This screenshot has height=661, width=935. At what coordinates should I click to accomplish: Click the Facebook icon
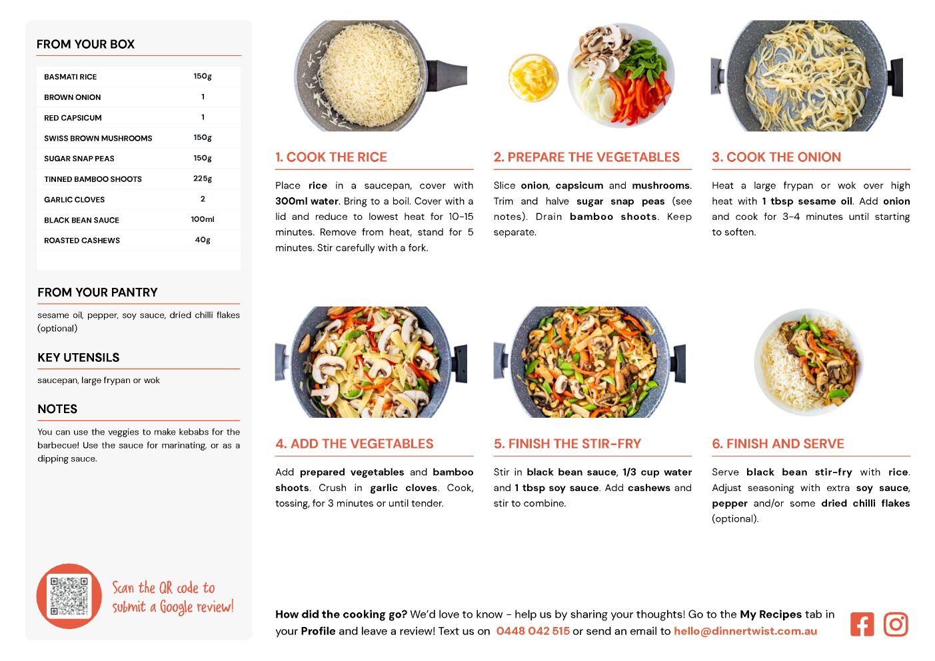point(862,624)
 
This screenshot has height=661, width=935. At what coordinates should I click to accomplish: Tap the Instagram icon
point(896,624)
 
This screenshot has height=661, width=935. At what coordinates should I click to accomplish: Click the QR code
point(69,596)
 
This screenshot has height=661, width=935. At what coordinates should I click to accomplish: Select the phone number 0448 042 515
point(532,631)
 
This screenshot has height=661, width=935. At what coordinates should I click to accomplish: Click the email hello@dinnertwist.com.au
point(746,631)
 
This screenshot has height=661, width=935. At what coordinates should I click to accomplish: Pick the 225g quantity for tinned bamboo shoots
point(203,179)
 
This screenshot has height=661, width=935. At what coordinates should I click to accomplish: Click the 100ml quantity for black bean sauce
point(203,219)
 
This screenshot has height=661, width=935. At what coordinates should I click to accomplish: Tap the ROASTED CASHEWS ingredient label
point(82,241)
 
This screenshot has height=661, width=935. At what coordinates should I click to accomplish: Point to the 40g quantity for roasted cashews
point(203,240)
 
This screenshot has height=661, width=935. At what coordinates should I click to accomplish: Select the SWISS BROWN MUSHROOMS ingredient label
point(98,138)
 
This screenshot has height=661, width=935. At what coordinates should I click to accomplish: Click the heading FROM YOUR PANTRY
point(97,292)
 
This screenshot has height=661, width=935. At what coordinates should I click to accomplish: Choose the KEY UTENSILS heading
point(79,358)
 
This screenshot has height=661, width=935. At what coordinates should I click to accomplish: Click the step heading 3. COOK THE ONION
point(776,157)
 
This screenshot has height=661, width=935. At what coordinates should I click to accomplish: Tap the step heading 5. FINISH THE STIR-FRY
point(567,444)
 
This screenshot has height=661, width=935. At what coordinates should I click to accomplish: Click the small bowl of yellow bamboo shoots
point(533,78)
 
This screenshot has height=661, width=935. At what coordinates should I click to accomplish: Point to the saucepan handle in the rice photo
point(446,75)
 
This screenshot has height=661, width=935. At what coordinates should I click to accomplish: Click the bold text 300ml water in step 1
point(307,201)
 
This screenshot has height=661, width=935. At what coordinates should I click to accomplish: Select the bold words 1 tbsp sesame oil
point(807,201)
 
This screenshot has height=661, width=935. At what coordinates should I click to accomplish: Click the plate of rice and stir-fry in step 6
point(808,362)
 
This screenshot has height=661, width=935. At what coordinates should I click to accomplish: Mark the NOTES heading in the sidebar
point(57,409)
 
